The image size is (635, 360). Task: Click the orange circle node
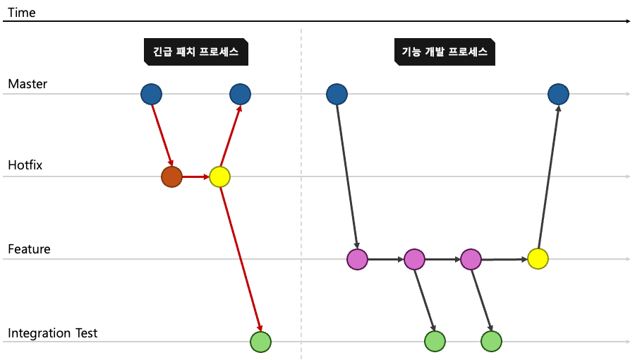[x=171, y=176]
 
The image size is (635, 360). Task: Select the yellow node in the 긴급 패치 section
[x=219, y=176]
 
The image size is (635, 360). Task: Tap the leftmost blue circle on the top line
[x=151, y=94]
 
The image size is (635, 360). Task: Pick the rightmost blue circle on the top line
[x=558, y=94]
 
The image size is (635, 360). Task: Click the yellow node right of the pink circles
[x=538, y=259]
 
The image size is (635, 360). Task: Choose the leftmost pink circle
[x=357, y=259]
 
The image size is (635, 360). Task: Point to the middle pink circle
[x=414, y=259]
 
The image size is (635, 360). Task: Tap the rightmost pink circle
[x=471, y=259]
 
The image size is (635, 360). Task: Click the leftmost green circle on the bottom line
[x=260, y=342]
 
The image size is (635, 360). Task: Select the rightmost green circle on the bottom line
[x=491, y=342]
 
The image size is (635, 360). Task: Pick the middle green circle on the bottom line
[x=435, y=342]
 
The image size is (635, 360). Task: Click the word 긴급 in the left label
[x=162, y=52]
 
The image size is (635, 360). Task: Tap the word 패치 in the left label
[x=186, y=52]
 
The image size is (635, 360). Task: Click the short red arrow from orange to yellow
[x=195, y=176]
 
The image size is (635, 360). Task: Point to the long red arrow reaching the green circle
[x=240, y=258]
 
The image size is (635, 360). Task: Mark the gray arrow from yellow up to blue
[x=548, y=176]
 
